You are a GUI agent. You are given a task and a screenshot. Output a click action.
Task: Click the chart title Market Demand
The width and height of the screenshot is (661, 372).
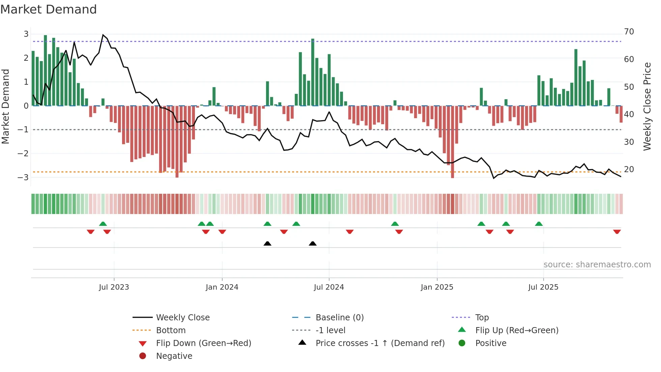pyautogui.click(x=49, y=9)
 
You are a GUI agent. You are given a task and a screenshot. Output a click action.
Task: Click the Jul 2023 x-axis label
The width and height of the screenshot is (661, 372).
pyautogui.click(x=114, y=287)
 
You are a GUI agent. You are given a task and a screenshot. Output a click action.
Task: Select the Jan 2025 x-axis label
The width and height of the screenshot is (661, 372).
pyautogui.click(x=437, y=287)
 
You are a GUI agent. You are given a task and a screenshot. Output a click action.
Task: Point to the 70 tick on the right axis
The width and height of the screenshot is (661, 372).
pyautogui.click(x=629, y=32)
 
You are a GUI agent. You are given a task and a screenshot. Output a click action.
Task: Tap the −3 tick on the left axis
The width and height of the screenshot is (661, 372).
pyautogui.click(x=23, y=177)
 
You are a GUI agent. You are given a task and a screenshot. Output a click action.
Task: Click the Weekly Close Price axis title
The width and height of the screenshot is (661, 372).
pyautogui.click(x=647, y=106)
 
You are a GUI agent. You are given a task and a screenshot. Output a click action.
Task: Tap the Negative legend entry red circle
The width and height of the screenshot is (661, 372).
pyautogui.click(x=143, y=356)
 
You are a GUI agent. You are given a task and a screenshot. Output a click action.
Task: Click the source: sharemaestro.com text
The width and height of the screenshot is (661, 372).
pyautogui.click(x=597, y=265)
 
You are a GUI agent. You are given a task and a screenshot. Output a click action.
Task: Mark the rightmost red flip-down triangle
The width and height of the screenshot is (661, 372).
pyautogui.click(x=617, y=232)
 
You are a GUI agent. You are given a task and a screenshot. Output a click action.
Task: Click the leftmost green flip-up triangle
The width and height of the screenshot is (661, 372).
pyautogui.click(x=103, y=224)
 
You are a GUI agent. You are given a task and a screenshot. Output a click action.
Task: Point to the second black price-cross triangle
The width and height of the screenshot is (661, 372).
pyautogui.click(x=313, y=243)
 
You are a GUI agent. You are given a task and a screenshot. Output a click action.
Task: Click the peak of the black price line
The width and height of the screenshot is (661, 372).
pyautogui.click(x=103, y=35)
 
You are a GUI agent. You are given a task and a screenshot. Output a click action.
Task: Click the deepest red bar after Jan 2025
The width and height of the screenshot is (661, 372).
pyautogui.click(x=452, y=142)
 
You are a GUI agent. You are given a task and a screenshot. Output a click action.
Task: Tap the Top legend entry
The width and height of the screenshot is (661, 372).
pyautogui.click(x=482, y=318)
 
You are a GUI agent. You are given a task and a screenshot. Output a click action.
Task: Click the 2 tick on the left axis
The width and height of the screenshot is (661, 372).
pyautogui.click(x=26, y=58)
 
